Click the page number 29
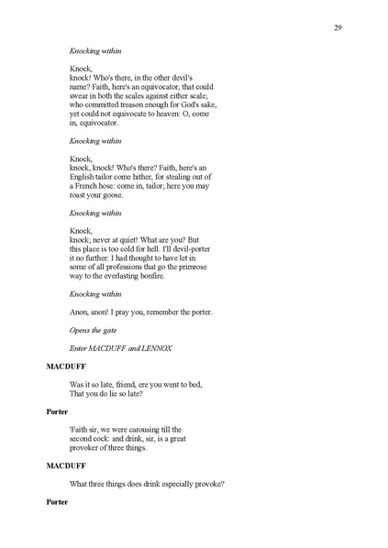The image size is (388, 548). point(338,29)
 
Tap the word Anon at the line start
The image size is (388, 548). point(81,312)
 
